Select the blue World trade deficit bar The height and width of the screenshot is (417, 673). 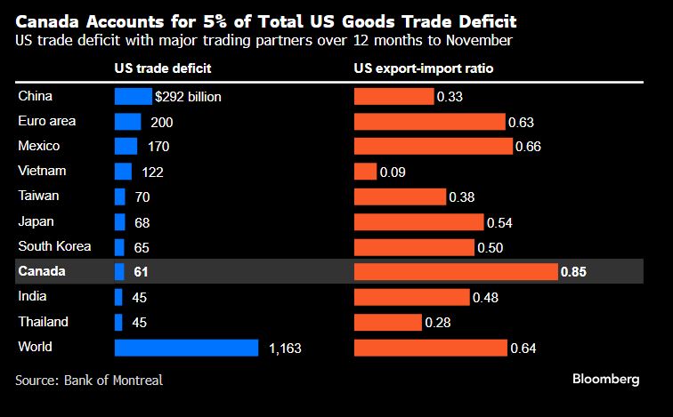(x=186, y=348)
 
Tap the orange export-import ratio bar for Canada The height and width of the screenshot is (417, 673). (x=456, y=271)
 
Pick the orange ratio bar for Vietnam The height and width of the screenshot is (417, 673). (x=365, y=172)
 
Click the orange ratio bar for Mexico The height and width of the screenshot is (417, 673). (x=433, y=146)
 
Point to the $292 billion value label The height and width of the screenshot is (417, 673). (x=188, y=96)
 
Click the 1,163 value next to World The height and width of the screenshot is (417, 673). (x=285, y=349)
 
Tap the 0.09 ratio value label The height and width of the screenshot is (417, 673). (x=393, y=172)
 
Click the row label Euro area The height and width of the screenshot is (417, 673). (x=47, y=121)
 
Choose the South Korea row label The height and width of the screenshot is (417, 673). (x=54, y=246)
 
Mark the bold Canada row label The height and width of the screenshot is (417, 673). (x=43, y=271)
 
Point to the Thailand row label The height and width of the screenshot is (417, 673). (x=44, y=322)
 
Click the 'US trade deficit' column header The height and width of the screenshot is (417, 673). (x=163, y=68)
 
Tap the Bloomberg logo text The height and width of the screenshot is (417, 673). (x=605, y=380)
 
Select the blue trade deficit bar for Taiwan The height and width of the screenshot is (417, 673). (x=119, y=196)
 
